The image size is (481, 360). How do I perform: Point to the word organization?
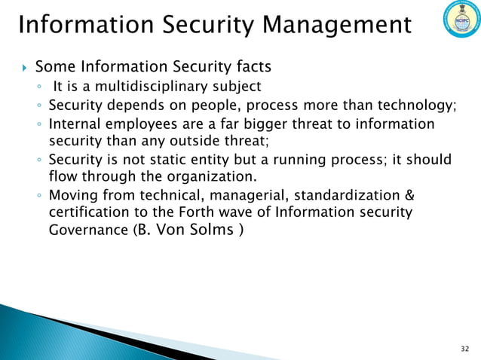206,178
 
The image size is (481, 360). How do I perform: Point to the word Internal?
75,123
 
